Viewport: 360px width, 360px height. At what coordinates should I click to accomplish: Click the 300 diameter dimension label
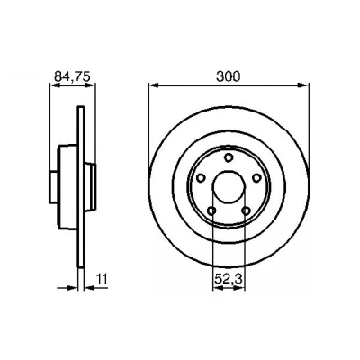coord(229,76)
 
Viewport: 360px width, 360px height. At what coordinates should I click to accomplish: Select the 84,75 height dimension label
coord(72,77)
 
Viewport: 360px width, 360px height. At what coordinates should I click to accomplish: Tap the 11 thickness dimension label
coord(102,279)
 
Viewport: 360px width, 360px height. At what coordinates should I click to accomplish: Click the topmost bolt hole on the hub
coord(229,157)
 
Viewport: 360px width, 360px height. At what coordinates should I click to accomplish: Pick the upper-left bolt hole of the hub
coord(201,178)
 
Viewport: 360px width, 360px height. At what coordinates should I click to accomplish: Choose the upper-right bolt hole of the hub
coord(256,178)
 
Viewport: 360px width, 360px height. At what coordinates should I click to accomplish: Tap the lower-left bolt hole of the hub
coord(211,211)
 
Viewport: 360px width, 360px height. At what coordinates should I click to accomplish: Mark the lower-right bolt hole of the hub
coord(246,211)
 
